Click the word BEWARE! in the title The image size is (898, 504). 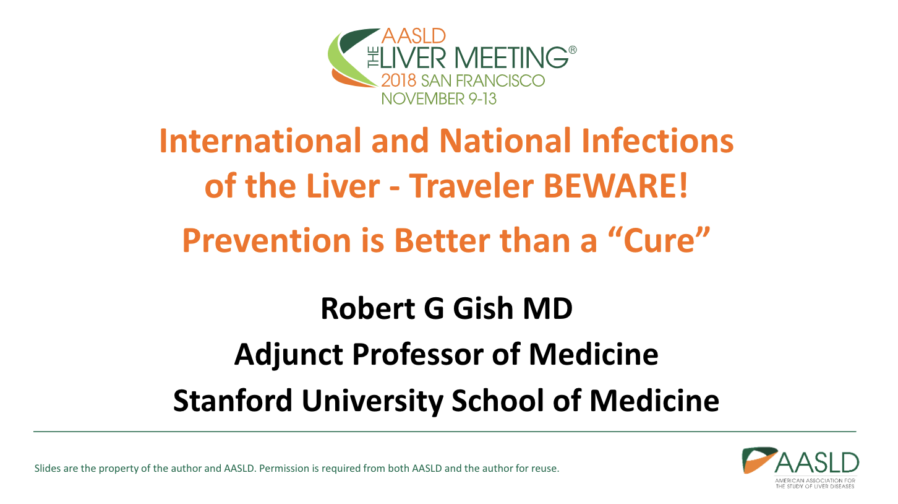click(x=615, y=186)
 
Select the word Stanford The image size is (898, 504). click(x=233, y=401)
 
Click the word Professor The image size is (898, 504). click(x=417, y=354)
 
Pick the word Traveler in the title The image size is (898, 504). click(x=471, y=186)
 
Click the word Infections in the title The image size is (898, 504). click(x=657, y=141)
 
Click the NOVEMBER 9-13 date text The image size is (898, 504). click(x=439, y=98)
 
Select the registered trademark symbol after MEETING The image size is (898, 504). click(x=573, y=50)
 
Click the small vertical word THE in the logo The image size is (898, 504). click(x=373, y=58)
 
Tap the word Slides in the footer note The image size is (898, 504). click(x=47, y=468)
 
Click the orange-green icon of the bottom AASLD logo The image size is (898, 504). click(x=759, y=460)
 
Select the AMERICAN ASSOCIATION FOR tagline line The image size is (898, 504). click(x=815, y=480)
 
